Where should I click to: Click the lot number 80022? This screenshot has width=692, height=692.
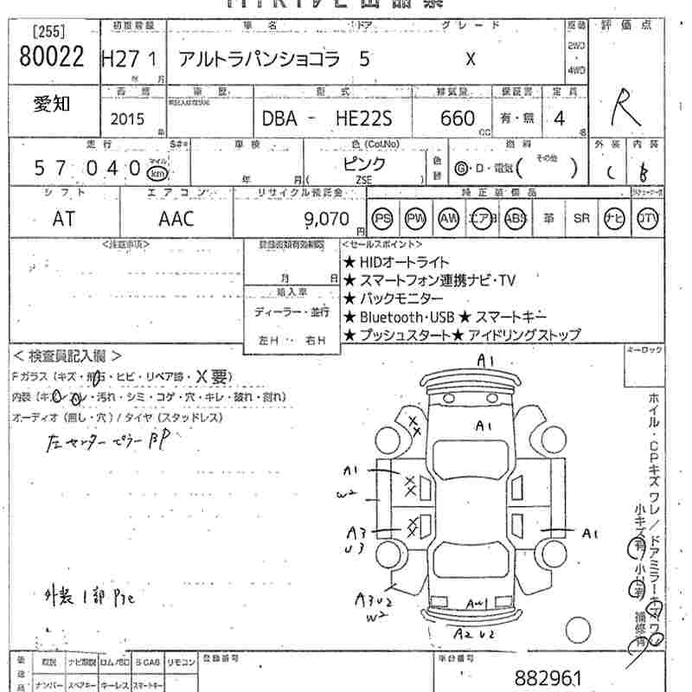tap(51, 57)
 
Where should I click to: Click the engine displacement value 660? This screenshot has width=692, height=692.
tap(457, 119)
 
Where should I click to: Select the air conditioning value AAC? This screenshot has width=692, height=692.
tap(176, 219)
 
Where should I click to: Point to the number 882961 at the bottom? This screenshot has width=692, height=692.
tap(547, 676)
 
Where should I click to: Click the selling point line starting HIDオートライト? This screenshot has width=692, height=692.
tap(395, 261)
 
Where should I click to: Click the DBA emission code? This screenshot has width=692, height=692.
tap(279, 119)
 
